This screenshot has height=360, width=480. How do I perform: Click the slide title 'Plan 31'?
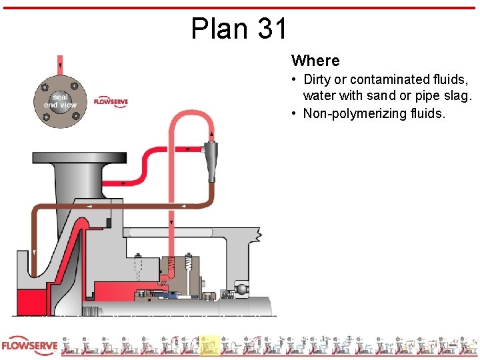click(239, 29)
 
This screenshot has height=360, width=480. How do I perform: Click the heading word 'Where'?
click(315, 61)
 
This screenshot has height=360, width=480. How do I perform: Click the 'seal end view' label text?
click(60, 101)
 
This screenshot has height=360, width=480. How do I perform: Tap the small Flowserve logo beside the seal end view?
click(111, 101)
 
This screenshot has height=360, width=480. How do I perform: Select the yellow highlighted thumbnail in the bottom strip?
click(210, 345)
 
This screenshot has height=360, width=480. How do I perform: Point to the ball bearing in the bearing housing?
click(240, 290)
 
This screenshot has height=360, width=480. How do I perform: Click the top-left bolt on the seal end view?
click(45, 87)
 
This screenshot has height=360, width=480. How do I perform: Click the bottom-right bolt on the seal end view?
click(75, 116)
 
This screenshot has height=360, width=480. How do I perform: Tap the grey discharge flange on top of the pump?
click(79, 159)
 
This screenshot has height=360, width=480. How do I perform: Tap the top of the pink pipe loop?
click(191, 113)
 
